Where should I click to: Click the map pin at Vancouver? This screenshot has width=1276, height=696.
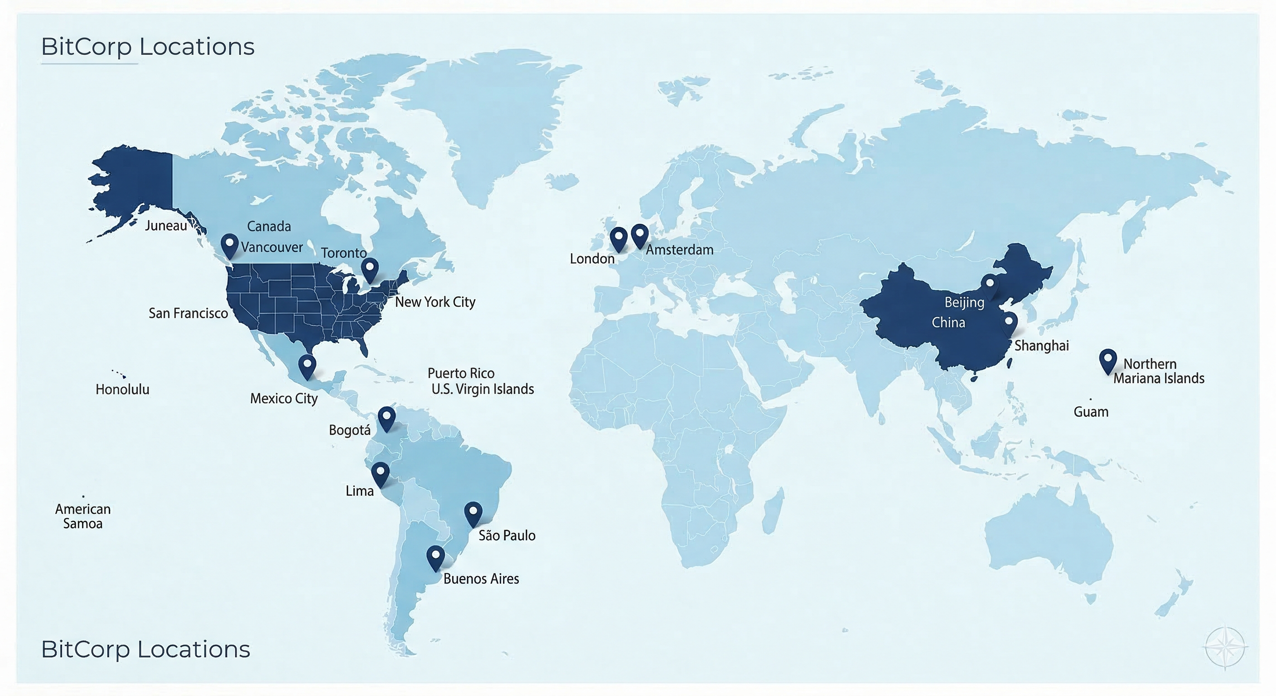(229, 244)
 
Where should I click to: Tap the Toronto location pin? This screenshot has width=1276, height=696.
(370, 268)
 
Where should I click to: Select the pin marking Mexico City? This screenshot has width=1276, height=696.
(307, 366)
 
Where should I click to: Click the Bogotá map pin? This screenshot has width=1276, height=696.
(387, 417)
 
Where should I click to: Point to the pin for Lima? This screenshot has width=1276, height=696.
(380, 473)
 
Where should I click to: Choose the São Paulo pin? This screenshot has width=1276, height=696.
(473, 513)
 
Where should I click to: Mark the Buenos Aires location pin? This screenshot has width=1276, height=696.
(435, 556)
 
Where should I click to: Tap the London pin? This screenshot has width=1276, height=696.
(618, 237)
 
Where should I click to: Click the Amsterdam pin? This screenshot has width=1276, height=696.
(639, 234)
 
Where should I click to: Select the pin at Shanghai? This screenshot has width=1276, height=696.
(1009, 323)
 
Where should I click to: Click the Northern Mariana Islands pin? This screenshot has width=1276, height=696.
(1107, 360)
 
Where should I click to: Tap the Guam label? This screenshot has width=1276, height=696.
(1091, 411)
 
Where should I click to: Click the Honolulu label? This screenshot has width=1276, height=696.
(122, 389)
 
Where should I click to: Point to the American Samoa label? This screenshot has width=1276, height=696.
(83, 516)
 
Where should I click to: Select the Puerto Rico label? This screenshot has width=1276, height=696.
(461, 373)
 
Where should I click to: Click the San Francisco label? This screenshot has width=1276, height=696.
(188, 313)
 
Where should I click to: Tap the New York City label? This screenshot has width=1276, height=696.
(435, 302)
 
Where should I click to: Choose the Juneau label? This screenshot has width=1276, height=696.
(166, 226)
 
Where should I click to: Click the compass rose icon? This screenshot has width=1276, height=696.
(1224, 648)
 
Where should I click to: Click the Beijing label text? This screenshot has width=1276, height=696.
(964, 302)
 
